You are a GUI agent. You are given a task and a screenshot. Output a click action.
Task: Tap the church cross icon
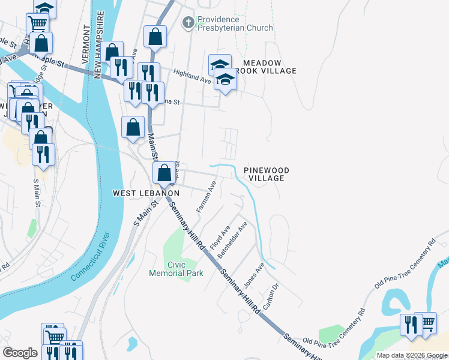188,23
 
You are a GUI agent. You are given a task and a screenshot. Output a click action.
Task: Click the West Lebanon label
146,193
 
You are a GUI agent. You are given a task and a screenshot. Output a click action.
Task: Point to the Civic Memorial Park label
176,269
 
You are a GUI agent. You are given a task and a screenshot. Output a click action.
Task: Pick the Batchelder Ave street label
233,240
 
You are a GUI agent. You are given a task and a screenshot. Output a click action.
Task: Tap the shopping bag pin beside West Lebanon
164,172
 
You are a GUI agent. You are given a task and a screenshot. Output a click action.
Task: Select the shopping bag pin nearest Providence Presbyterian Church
155,36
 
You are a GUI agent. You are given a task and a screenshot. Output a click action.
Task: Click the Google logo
20,353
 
